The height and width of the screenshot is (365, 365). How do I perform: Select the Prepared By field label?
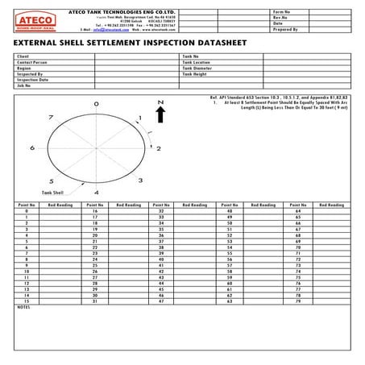(x=285, y=29)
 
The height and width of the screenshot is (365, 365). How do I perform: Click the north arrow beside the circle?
(x=161, y=116)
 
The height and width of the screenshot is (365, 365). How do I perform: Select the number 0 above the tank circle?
(x=96, y=105)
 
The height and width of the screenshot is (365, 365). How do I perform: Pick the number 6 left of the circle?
(x=32, y=148)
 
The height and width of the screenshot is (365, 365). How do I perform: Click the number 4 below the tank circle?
(x=96, y=193)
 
